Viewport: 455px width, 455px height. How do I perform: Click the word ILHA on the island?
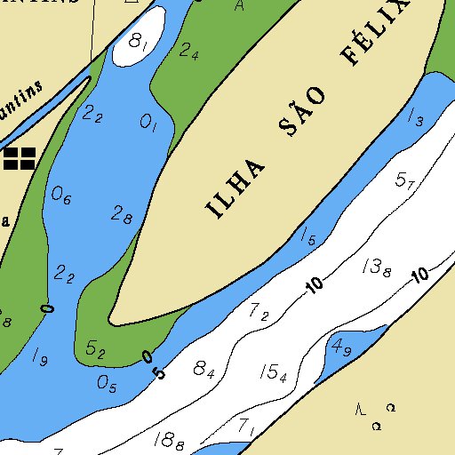pyautogui.click(x=236, y=189)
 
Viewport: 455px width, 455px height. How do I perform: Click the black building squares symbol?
pyautogui.click(x=19, y=159)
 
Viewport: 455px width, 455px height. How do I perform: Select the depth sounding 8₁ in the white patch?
pyautogui.click(x=139, y=41)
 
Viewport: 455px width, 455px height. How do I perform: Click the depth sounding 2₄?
pyautogui.click(x=188, y=51)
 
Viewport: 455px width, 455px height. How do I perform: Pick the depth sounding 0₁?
pyautogui.click(x=148, y=124)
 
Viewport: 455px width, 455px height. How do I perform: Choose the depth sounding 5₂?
pyautogui.click(x=95, y=350)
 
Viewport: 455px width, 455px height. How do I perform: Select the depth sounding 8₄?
pyautogui.click(x=204, y=369)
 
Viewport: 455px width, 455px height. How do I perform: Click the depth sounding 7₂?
pyautogui.click(x=259, y=311)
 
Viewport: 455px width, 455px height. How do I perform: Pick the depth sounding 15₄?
pyautogui.click(x=274, y=373)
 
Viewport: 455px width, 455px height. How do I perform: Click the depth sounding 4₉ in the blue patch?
pyautogui.click(x=341, y=347)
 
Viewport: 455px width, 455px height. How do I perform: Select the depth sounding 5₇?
pyautogui.click(x=405, y=180)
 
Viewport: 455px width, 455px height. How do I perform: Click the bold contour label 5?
pyautogui.click(x=160, y=373)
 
